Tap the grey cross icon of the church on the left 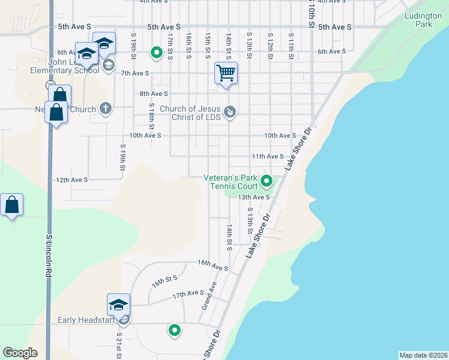(106, 109)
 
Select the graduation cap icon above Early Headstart (119, 305)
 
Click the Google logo (20, 353)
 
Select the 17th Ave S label (188, 294)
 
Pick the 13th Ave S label (253, 197)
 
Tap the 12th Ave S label (71, 179)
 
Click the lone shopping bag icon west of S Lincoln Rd (12, 205)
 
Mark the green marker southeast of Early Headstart (175, 329)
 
